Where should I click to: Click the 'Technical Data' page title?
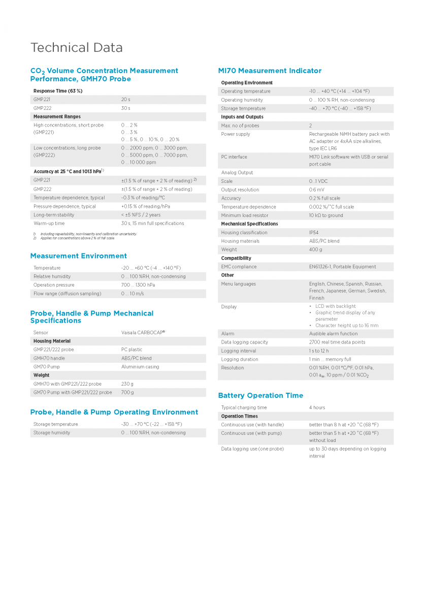tap(77, 48)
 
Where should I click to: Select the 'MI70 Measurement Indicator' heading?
tap(270, 71)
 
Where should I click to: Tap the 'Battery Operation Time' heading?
tap(260, 395)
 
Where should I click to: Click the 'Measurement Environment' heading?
tap(79, 256)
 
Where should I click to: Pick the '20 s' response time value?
tap(125, 100)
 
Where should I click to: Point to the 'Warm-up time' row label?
tap(49, 224)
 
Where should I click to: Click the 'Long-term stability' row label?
tap(54, 215)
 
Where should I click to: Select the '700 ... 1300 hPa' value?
tap(138, 285)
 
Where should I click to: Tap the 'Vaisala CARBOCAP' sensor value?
tap(143, 333)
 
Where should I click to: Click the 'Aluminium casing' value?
tap(140, 367)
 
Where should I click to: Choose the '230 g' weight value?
tap(127, 384)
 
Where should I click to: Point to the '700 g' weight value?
tap(127, 393)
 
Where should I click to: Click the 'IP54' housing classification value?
tap(314, 233)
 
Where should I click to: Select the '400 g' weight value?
tap(315, 250)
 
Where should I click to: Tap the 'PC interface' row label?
tap(234, 157)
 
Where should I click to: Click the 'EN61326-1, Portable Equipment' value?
tap(343, 267)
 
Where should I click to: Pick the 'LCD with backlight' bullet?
tap(336, 306)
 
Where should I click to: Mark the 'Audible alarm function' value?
tap(334, 334)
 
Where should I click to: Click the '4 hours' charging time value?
tap(317, 407)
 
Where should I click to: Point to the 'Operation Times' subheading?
tap(240, 416)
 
